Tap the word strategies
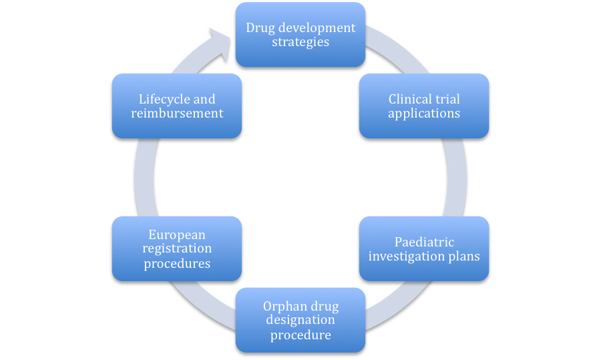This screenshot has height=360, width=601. [x=300, y=42]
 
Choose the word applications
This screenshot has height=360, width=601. [x=424, y=114]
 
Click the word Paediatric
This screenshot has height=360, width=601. [x=424, y=242]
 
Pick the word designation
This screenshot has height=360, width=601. [x=300, y=320]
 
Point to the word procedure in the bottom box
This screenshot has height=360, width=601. [x=300, y=335]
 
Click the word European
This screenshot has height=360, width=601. [x=177, y=234]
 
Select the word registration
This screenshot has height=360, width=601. [x=177, y=248]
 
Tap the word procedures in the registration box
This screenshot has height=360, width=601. [x=177, y=264]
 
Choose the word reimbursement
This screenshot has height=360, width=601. [x=177, y=114]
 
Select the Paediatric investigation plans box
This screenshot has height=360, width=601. [x=424, y=249]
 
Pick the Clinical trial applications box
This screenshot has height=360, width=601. [x=424, y=106]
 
